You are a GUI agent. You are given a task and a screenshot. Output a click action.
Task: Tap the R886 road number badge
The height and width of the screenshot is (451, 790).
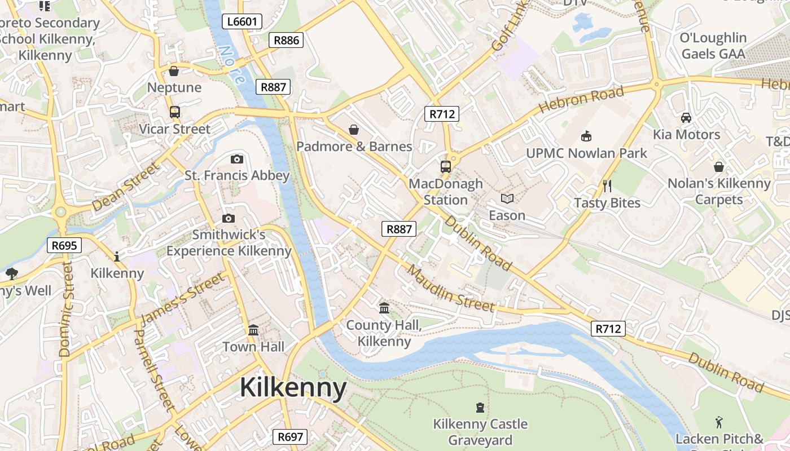coord(286,40)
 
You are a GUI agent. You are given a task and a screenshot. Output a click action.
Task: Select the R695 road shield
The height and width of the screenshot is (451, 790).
coord(64,245)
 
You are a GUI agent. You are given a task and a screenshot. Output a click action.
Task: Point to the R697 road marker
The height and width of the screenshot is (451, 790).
coord(291,436)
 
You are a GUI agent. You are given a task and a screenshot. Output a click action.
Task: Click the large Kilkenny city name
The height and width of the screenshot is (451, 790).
coord(293,388)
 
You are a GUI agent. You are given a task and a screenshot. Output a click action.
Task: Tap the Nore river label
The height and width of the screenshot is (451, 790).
coord(232,65)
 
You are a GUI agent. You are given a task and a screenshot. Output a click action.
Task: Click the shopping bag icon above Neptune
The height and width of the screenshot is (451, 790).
coord(174,71)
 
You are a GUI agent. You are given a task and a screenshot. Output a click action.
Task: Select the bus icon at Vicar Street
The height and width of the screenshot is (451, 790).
coord(174,112)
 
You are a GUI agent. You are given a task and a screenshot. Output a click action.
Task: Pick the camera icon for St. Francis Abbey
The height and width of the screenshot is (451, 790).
coord(237,159)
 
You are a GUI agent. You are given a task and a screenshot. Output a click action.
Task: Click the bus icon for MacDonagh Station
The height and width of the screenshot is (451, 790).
coord(445,166)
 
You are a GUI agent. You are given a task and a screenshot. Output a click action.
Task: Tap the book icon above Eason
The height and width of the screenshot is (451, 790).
coord(507,198)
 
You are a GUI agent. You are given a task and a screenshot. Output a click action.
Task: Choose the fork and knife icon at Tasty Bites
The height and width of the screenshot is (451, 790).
coord(607,186)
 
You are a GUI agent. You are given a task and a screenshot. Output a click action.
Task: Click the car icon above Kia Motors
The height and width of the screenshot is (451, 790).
coord(686,118)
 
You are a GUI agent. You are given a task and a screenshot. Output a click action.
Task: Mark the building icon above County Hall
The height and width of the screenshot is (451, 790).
coord(384,308)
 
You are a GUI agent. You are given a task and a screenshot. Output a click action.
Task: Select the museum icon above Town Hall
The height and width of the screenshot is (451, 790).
coord(253,329)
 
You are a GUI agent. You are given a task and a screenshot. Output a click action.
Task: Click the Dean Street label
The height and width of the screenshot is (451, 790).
coord(125,187)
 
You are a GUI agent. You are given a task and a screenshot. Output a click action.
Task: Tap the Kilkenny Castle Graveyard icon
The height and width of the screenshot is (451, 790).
coord(480,407)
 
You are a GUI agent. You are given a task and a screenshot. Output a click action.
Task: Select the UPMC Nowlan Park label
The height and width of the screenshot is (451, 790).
coord(586,153)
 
